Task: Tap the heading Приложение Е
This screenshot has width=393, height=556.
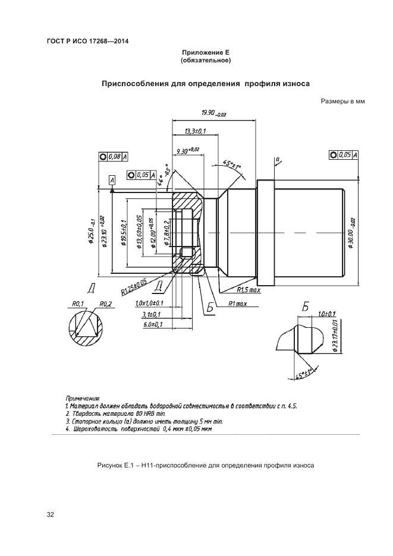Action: click(x=206, y=53)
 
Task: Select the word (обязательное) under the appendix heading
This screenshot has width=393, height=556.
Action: click(x=206, y=61)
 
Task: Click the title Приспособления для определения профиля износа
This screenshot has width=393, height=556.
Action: click(x=206, y=84)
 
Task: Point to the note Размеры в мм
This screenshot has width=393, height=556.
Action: click(x=342, y=102)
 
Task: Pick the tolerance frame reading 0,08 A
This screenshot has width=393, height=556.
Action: click(x=113, y=157)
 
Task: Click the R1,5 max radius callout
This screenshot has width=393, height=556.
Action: click(x=249, y=290)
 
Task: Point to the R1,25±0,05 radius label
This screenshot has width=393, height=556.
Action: click(x=134, y=287)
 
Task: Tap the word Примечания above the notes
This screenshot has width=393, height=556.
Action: click(x=83, y=398)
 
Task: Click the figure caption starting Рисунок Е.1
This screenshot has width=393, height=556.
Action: click(x=205, y=465)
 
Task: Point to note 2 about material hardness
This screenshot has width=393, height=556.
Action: click(x=114, y=413)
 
